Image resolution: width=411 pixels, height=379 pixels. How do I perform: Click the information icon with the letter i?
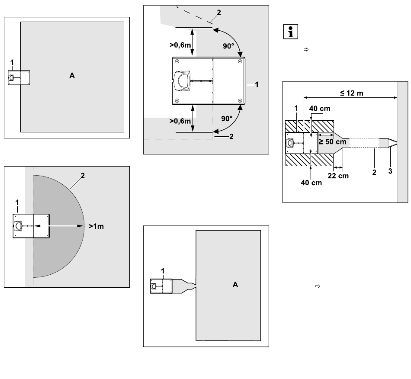pos(290,32)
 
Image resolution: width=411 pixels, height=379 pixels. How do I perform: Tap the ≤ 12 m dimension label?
pos(351,93)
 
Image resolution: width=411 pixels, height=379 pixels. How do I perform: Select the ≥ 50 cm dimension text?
pos(332,141)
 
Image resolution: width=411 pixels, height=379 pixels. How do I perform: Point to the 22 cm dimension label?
pos(338,176)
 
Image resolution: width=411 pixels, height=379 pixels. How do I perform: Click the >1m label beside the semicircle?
pos(96,226)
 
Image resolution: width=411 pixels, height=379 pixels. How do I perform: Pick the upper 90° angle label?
pos(228,46)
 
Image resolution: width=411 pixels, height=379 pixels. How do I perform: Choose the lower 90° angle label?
pos(227,119)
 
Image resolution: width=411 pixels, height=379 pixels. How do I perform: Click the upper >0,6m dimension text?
pos(180,45)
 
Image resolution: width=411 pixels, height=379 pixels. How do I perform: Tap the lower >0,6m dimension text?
pos(180,121)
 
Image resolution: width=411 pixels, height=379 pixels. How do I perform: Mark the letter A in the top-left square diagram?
pos(72,75)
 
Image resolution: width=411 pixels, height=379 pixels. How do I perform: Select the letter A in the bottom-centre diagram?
pos(235,285)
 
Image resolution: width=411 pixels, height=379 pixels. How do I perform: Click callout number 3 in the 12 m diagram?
pos(390,171)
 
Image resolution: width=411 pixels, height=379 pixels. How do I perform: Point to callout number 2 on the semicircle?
pos(83,176)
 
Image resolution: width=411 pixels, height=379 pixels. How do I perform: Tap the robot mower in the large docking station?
pos(182,81)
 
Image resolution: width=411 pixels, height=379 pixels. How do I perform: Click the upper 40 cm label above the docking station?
pos(320,109)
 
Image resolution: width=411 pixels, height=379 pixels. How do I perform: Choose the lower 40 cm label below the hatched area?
pos(311,183)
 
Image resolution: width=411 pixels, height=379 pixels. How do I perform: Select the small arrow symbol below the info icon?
pos(306,49)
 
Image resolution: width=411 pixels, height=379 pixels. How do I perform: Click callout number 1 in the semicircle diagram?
pos(17,202)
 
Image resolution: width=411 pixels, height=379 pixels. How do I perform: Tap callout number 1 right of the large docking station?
pos(257,84)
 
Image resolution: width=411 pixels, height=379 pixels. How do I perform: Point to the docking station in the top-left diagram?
pos(19,78)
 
